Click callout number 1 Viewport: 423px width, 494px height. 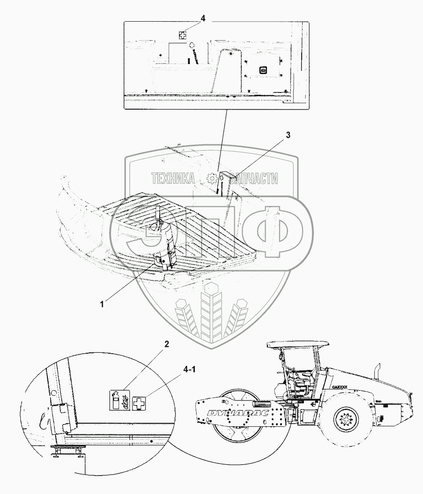102,304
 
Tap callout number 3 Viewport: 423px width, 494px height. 288,135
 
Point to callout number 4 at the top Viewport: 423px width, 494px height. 203,18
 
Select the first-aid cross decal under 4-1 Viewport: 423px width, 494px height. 141,401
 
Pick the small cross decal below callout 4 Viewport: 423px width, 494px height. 182,35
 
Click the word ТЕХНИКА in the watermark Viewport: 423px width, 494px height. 173,179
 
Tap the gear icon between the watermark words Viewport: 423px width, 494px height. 211,179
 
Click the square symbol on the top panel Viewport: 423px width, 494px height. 262,69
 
